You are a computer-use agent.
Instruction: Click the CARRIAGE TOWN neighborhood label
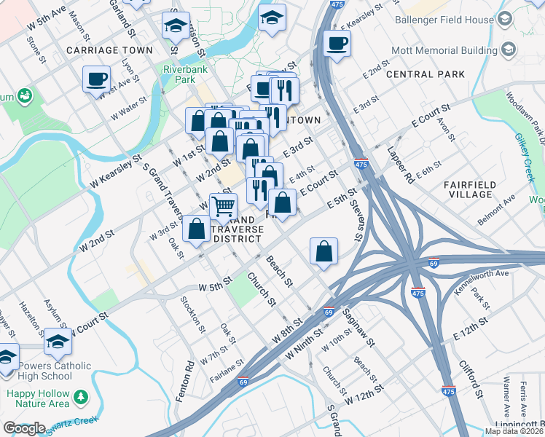click(x=109, y=50)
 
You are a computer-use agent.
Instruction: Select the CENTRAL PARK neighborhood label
click(x=426, y=74)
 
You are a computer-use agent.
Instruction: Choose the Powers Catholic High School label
click(x=45, y=371)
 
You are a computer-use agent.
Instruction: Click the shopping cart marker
click(x=223, y=206)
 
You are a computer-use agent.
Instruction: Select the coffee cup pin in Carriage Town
click(x=96, y=79)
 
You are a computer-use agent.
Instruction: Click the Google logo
click(x=24, y=428)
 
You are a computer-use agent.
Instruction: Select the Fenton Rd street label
click(x=190, y=374)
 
